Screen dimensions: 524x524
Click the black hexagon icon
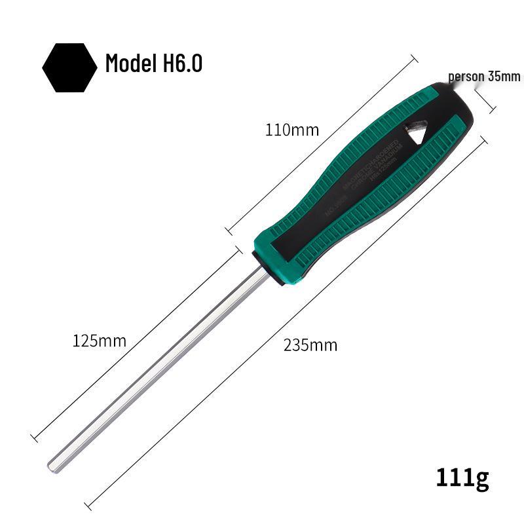tap(69, 67)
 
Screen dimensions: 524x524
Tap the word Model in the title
tap(128, 64)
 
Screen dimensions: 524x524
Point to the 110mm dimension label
tap(291, 130)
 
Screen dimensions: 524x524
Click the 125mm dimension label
tap(99, 341)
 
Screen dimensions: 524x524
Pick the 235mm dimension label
tap(310, 345)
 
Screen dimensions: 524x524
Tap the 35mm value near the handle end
tap(504, 76)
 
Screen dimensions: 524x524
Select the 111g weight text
tap(462, 479)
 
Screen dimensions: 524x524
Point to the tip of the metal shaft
tap(52, 466)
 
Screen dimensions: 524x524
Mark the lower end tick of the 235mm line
tap(90, 505)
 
